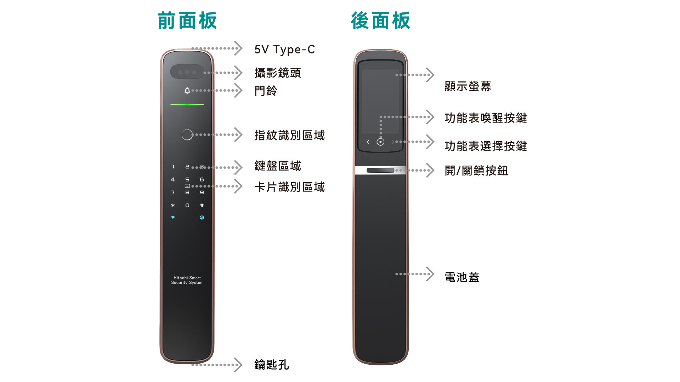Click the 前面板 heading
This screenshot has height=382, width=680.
click(x=187, y=21)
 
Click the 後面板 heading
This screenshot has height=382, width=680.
click(x=380, y=21)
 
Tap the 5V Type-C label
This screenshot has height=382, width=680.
click(x=285, y=50)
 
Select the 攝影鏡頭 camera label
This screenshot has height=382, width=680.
click(x=278, y=73)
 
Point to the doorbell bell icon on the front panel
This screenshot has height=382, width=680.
click(x=187, y=91)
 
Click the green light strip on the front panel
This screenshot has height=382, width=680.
click(x=187, y=105)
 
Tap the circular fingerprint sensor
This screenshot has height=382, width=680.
click(x=187, y=135)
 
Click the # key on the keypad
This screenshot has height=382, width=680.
click(x=202, y=206)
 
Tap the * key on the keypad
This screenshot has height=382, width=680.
click(x=173, y=206)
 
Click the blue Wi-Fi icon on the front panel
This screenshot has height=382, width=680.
click(x=173, y=218)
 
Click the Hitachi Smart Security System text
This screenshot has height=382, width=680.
click(x=187, y=280)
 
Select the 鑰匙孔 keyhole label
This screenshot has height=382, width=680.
click(x=272, y=365)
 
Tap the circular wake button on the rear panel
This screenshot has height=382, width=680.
click(x=380, y=142)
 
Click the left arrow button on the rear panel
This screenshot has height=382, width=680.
click(x=368, y=142)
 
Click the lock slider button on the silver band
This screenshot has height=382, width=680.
click(x=380, y=170)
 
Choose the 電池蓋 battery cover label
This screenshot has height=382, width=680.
click(x=462, y=277)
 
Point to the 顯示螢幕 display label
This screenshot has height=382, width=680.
click(x=468, y=86)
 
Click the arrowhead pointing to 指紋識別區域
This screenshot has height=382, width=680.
click(x=238, y=135)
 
